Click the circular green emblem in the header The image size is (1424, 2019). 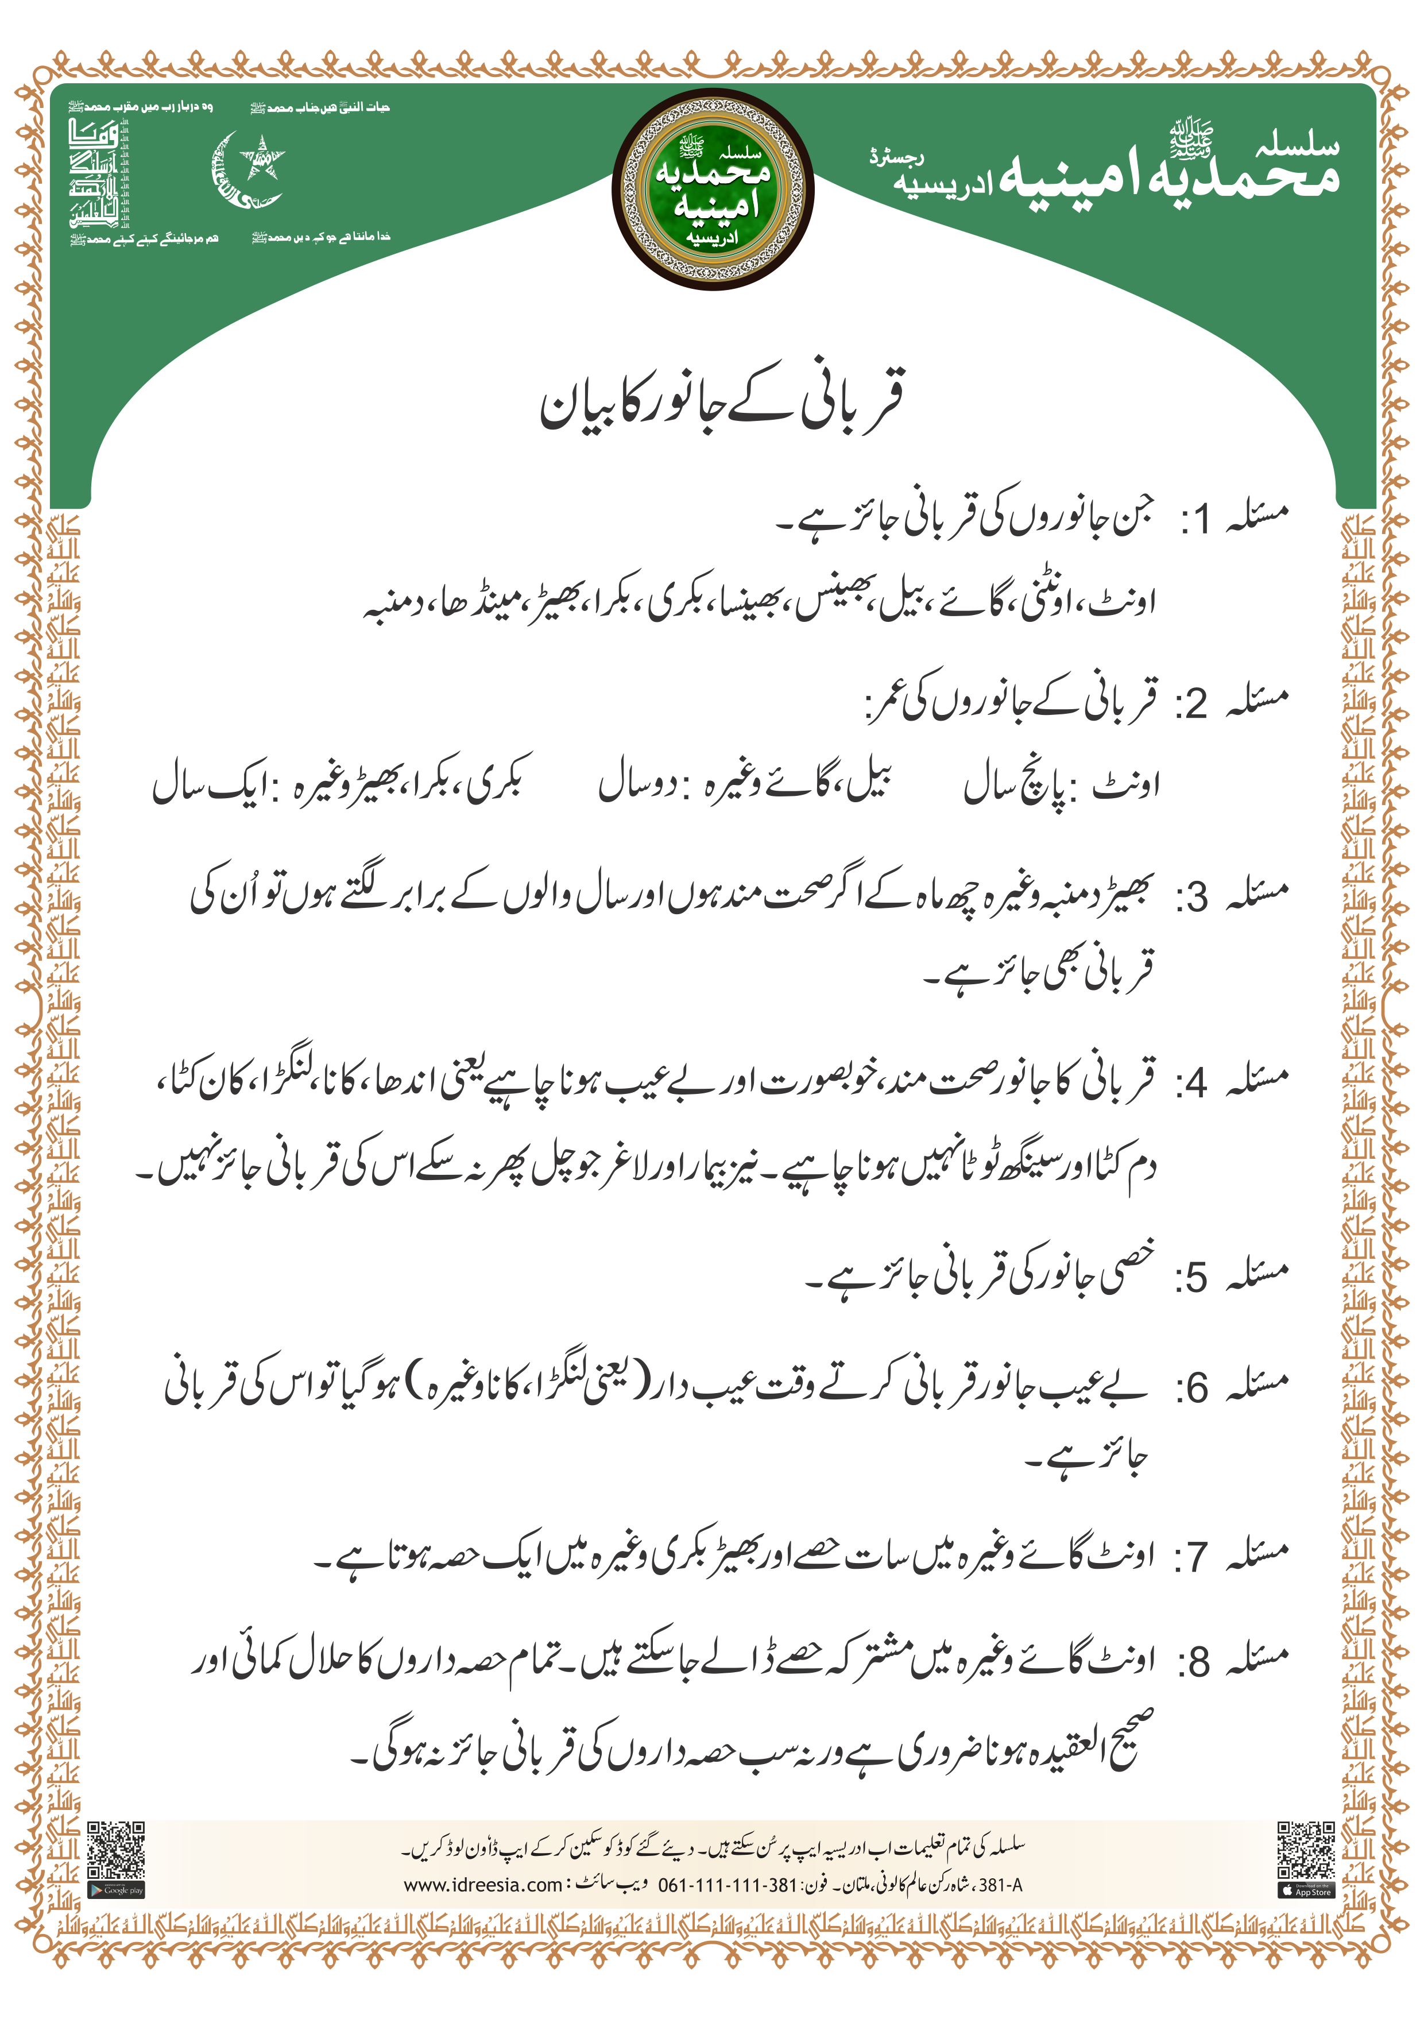[x=713, y=189]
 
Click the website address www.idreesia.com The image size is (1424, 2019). [x=482, y=1885]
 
